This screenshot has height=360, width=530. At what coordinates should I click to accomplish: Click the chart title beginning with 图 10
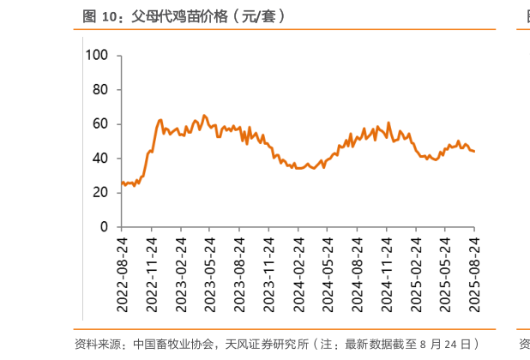click(x=184, y=15)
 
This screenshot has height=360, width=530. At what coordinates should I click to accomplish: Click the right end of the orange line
click(x=474, y=152)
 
